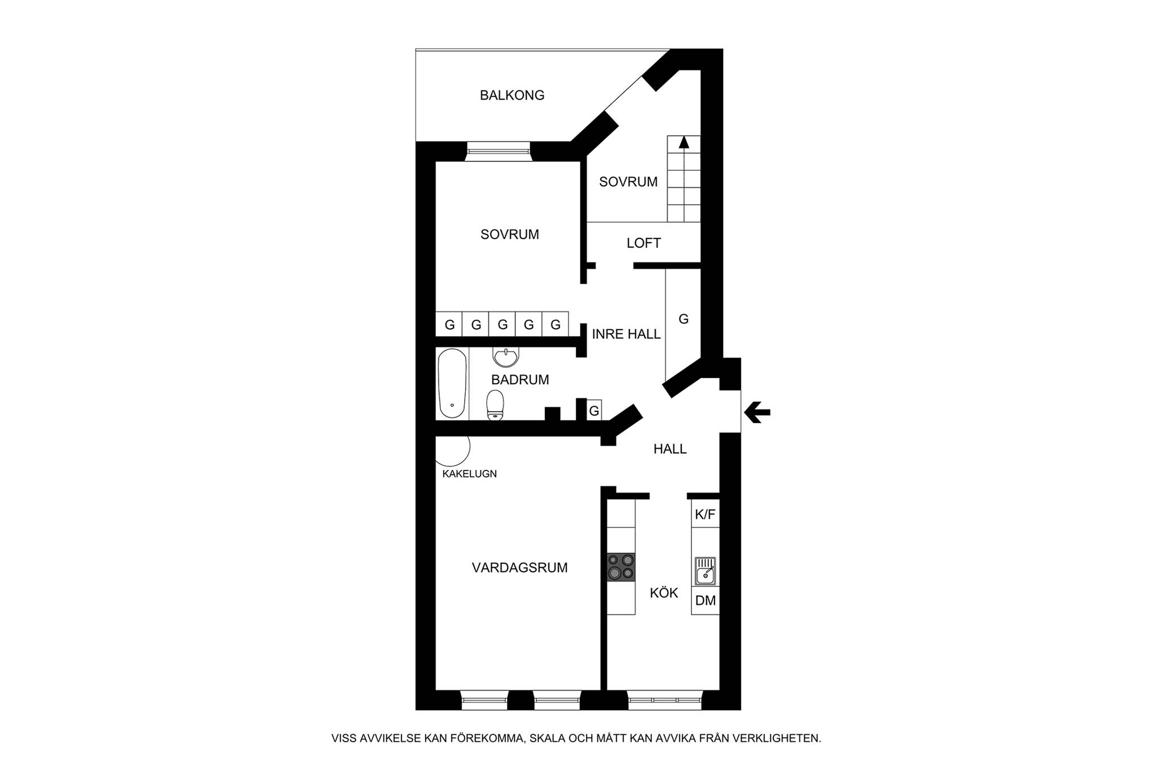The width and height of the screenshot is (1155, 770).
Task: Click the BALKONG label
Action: coord(512,95)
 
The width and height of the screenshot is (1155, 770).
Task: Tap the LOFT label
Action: coord(643,243)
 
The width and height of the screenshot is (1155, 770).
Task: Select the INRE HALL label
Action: coord(626,334)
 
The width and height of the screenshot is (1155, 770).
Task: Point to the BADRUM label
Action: coord(520,380)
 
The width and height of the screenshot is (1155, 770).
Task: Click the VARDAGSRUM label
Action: coord(519,567)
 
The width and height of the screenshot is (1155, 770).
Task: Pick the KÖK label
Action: coord(664,593)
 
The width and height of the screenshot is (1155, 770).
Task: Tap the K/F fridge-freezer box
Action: coord(706,514)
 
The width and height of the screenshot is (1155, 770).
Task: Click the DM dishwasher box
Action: coord(706,600)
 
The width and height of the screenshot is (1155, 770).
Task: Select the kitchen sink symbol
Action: coord(705,570)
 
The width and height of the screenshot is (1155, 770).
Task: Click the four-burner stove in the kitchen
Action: coord(621,567)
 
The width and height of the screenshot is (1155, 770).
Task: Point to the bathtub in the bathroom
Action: coord(452,384)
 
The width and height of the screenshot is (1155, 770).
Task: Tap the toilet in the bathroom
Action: coord(495,405)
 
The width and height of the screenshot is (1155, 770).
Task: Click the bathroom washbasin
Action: coord(505,357)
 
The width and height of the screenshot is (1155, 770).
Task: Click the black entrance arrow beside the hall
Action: coord(757,412)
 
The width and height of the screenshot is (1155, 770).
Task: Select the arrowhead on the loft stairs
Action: coord(684,142)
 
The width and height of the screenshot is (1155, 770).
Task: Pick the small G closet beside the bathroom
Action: coord(594,410)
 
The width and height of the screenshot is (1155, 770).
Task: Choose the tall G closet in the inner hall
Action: coord(683,319)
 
